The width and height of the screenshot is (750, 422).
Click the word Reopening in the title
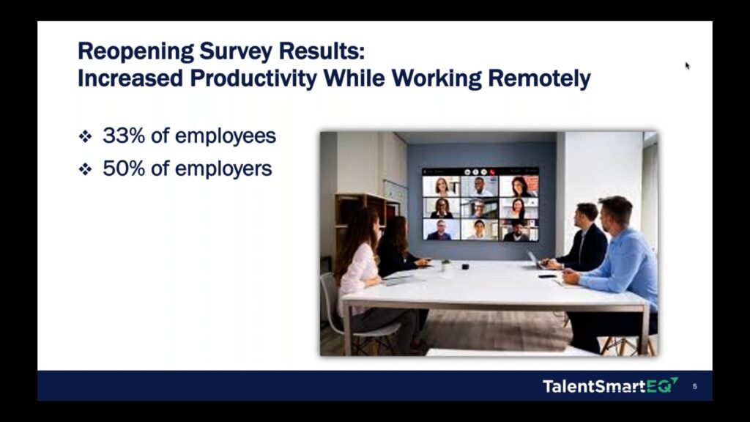pyautogui.click(x=135, y=52)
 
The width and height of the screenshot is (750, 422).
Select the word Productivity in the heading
pyautogui.click(x=253, y=78)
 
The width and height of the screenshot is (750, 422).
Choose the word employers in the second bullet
pyautogui.click(x=223, y=169)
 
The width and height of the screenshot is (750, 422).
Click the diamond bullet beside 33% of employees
pyautogui.click(x=85, y=137)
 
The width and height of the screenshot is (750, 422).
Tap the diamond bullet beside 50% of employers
pyautogui.click(x=85, y=169)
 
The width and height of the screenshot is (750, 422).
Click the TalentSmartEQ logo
pyautogui.click(x=610, y=385)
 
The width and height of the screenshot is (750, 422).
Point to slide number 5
pyautogui.click(x=694, y=386)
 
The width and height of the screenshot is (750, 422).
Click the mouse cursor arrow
pyautogui.click(x=687, y=66)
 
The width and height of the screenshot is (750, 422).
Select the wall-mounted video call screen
pyautogui.click(x=480, y=204)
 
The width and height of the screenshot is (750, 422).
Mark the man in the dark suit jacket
pyautogui.click(x=580, y=240)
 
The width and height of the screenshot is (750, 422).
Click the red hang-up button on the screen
pyautogui.click(x=491, y=171)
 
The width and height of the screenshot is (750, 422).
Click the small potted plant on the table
pyautogui.click(x=446, y=265)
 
